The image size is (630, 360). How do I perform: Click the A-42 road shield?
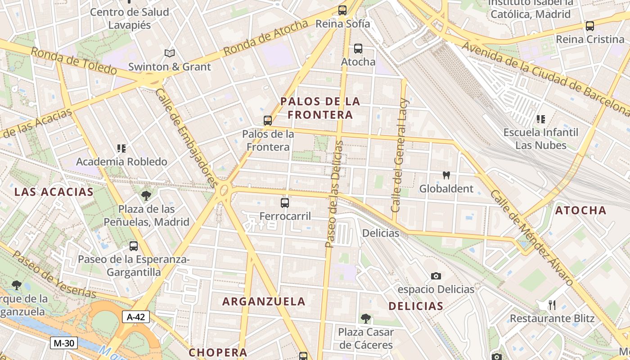coord(136,317)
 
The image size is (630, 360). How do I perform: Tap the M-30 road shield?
coord(63,343)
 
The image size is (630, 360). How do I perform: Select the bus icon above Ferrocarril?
coord(285,203)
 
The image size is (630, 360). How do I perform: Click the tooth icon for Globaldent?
coord(446,175)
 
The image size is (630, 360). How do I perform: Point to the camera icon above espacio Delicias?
coord(436,276)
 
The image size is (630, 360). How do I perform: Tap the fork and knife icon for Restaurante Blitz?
coord(552,305)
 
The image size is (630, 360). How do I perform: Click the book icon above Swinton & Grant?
coord(170,54)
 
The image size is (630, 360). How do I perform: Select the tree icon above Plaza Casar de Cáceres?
coord(366,319)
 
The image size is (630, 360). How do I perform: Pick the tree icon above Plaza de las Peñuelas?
coord(146,195)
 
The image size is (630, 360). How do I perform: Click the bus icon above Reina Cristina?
coord(589,26)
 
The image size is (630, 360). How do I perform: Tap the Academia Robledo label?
coord(121,161)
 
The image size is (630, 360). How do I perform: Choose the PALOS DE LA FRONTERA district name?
coord(320,108)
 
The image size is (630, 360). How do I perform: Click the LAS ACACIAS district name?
coord(54,192)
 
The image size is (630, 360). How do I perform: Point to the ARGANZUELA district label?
coord(264,301)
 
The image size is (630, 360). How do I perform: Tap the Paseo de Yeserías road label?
coord(54,274)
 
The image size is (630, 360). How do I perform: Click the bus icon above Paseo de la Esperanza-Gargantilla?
coord(134,246)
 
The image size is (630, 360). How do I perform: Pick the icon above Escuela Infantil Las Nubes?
coord(541,119)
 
